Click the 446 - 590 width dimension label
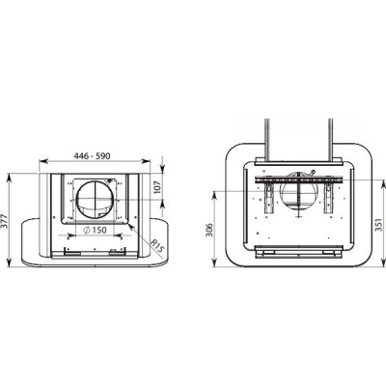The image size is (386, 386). (x=92, y=156)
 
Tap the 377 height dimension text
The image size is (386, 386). (x=4, y=221)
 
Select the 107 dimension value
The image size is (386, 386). (x=157, y=186)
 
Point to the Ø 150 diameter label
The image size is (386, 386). (x=95, y=230)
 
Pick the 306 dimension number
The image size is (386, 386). (x=209, y=230)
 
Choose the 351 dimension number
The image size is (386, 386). (x=378, y=225)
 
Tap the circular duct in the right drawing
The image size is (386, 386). (x=299, y=192)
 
